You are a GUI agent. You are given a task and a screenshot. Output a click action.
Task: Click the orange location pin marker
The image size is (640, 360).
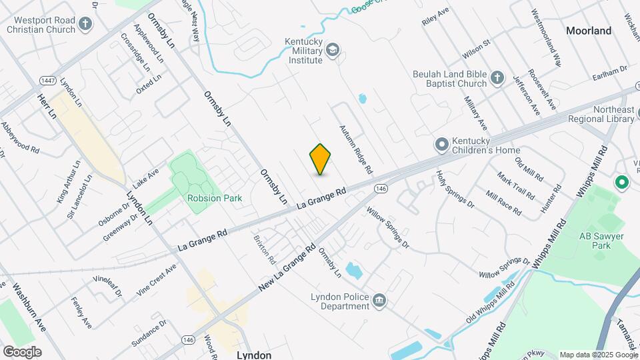pyautogui.click(x=320, y=159)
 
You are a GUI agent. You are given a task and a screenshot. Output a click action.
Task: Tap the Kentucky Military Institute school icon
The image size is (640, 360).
pyautogui.click(x=332, y=50)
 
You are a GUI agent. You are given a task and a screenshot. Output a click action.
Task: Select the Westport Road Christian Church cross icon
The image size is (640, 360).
pyautogui.click(x=85, y=25)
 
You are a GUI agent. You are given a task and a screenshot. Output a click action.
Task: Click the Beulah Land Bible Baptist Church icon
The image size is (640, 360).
pyautogui.click(x=497, y=79)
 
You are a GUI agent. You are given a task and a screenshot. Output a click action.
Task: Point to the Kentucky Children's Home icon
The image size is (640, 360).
pyautogui.click(x=441, y=145)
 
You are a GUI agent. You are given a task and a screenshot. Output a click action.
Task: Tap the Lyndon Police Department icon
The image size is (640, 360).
pyautogui.click(x=379, y=301)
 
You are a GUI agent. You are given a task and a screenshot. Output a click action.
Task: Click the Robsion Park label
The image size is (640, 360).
pyautogui.click(x=215, y=198)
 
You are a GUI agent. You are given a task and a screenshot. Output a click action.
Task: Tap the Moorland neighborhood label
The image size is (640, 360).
pyautogui.click(x=588, y=31)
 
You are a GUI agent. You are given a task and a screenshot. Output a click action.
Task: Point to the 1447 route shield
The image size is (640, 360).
pyautogui.click(x=47, y=81)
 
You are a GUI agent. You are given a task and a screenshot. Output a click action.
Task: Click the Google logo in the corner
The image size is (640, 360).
pyautogui.click(x=22, y=352)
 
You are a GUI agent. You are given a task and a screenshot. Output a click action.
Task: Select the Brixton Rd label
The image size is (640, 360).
pyautogui.click(x=263, y=248)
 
